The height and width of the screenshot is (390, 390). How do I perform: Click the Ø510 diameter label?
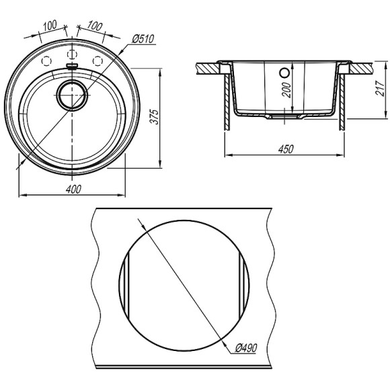click(143, 39)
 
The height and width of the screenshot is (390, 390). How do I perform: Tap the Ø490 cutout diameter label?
click(245, 348)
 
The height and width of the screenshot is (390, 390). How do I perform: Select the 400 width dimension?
click(73, 189)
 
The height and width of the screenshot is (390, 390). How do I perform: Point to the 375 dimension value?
click(155, 116)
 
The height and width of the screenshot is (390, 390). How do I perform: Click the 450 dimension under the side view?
click(286, 149)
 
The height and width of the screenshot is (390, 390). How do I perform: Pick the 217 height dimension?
click(380, 88)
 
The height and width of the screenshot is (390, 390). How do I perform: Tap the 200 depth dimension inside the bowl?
click(287, 90)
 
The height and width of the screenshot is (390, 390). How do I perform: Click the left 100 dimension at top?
click(50, 26)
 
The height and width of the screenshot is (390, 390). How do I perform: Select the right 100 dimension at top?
click(95, 26)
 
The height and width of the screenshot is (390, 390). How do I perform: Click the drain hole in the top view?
click(72, 95)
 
